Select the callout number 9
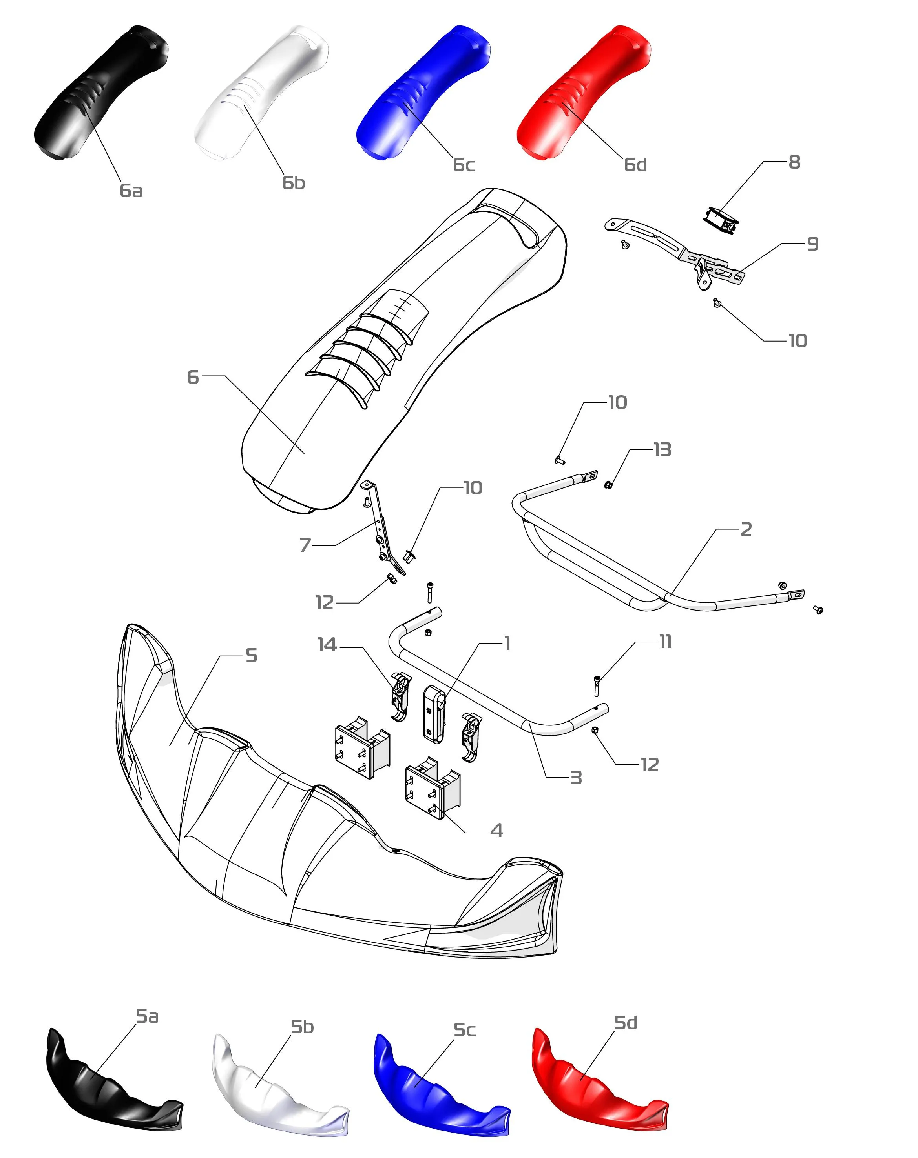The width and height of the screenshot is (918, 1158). coord(813,244)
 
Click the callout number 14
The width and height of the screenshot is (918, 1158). coord(327,645)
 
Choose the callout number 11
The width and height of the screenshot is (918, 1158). coord(665,642)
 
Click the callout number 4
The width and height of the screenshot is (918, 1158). coord(496,831)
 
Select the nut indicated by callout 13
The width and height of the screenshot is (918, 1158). coord(608,485)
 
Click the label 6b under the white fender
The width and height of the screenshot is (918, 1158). coord(294,183)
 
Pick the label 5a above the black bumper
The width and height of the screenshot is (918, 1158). coord(147,1016)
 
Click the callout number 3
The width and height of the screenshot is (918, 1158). coord(576,778)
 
